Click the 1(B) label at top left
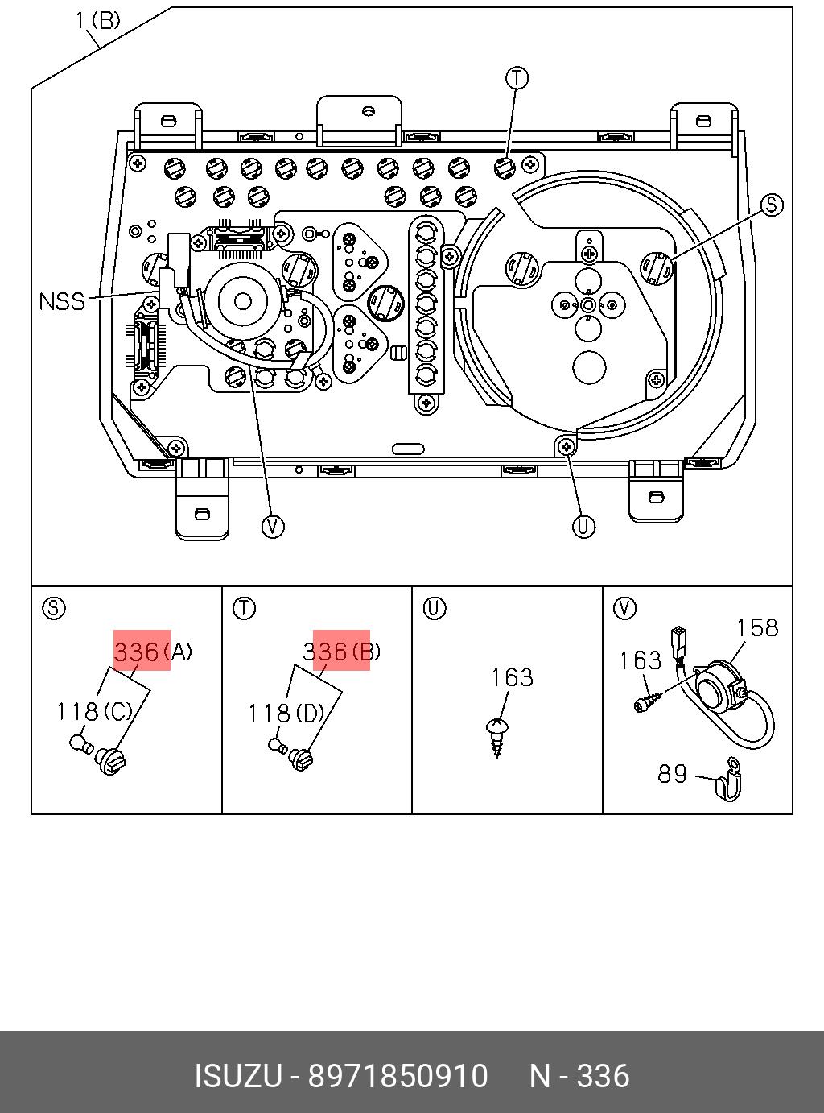[x=97, y=20]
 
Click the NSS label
[x=62, y=302]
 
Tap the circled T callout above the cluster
[x=517, y=78]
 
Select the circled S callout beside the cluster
[x=772, y=205]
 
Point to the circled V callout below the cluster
[x=274, y=527]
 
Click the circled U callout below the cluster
[x=583, y=527]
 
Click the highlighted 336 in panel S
[x=137, y=651]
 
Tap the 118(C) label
[x=94, y=712]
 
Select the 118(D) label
[x=286, y=713]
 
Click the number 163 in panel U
[x=513, y=677]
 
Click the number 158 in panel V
[x=758, y=627]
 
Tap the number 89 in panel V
[x=673, y=774]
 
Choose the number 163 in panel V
[x=640, y=660]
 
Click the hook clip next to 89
[x=727, y=780]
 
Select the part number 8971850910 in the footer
[x=398, y=1076]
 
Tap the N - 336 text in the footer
[x=579, y=1076]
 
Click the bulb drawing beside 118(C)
[x=80, y=743]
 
